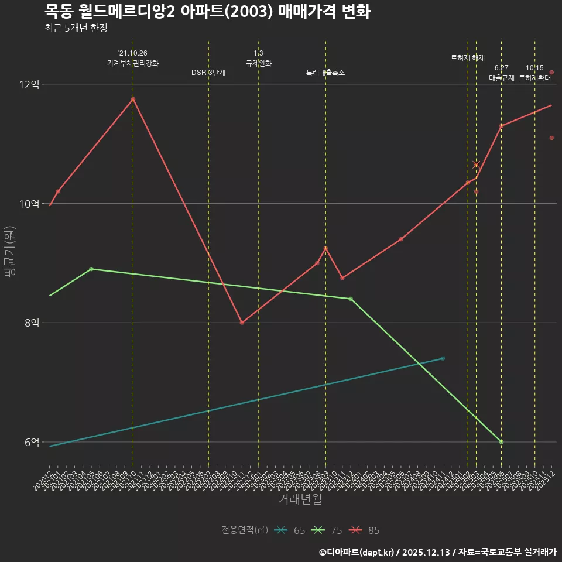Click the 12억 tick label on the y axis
pos(29,84)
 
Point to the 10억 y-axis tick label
pos(29,204)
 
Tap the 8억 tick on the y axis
pos(32,323)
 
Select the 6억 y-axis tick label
pos(32,442)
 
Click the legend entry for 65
pos(290,530)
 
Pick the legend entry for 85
pos(364,530)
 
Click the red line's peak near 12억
pos(133,100)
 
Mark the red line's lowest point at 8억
pos(242,323)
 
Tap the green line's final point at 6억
pos(502,442)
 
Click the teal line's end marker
pos(443,358)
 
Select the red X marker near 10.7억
pos(477,165)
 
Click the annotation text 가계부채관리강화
pos(133,63)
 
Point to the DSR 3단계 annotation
pos(208,73)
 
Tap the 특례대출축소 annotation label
pos(325,73)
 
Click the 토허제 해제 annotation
pos(468,58)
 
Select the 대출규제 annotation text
pos(502,77)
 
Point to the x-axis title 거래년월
pos(300,499)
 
